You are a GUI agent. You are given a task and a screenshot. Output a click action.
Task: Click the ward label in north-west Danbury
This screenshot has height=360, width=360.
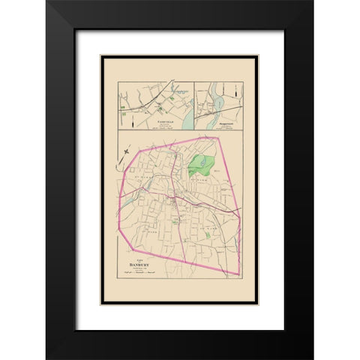(142, 181)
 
